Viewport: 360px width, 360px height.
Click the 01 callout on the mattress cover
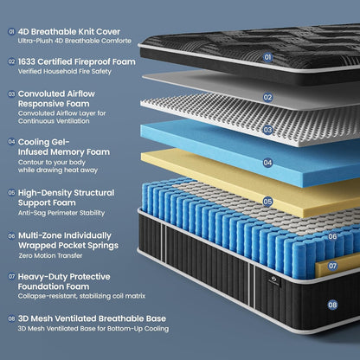(267, 57)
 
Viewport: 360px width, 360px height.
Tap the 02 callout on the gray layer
(267, 97)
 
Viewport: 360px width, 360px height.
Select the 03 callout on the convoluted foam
(267, 130)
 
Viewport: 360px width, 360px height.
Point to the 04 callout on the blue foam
(267, 163)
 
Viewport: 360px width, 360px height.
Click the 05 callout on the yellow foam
(267, 202)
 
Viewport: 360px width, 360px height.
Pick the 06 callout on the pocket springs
(332, 236)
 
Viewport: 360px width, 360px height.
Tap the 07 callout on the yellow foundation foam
(332, 266)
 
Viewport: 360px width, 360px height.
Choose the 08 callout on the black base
(332, 305)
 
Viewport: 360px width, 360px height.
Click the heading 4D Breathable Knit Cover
(69, 31)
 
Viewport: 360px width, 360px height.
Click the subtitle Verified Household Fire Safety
(65, 71)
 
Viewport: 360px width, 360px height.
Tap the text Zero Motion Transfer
(50, 255)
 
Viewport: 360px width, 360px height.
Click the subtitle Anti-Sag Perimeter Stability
(61, 213)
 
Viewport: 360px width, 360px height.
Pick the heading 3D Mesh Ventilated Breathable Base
(92, 318)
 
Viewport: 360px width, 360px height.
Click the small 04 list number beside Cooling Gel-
(11, 142)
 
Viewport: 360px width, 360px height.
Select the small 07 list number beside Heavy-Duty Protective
(11, 276)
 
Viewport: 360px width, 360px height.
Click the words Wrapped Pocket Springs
(68, 246)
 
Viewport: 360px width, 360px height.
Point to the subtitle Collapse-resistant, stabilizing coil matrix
(81, 296)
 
